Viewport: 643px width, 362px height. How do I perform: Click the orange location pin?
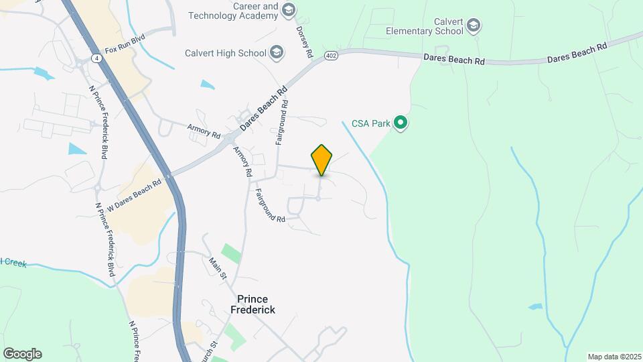click(321, 160)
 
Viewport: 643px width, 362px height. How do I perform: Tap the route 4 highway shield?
click(99, 59)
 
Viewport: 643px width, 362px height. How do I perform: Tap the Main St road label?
click(218, 269)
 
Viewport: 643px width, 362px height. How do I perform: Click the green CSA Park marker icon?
click(401, 123)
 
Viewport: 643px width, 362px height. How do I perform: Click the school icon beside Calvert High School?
click(276, 52)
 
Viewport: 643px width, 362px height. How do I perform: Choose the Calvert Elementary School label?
click(424, 25)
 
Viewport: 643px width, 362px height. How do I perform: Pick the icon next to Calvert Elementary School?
click(474, 26)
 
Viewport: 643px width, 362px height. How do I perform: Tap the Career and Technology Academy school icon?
click(289, 9)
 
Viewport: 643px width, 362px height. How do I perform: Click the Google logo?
click(22, 353)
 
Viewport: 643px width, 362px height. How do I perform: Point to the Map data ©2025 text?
click(613, 356)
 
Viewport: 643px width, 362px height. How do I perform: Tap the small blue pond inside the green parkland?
click(535, 306)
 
